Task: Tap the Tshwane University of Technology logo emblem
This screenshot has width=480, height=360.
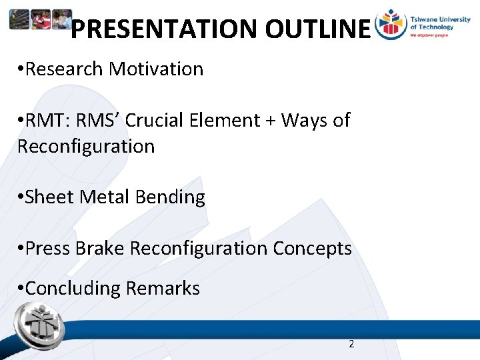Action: click(391, 25)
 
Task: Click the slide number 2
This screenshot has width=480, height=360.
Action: click(351, 344)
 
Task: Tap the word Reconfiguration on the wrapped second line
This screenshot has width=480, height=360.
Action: click(85, 146)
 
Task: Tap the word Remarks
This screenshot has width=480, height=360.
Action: click(163, 288)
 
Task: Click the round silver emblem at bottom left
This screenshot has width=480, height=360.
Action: click(39, 325)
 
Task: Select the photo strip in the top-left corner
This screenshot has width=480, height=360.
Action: click(40, 20)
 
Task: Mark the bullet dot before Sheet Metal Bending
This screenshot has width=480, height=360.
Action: click(21, 197)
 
